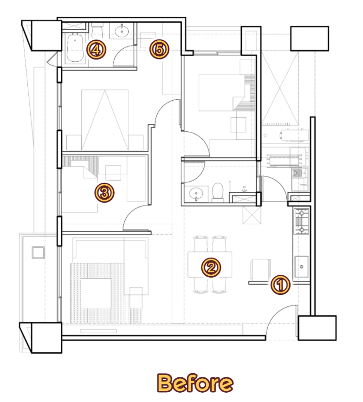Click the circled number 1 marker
[280, 285]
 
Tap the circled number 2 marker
[211, 267]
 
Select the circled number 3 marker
[104, 193]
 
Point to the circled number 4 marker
[96, 50]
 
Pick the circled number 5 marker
[159, 49]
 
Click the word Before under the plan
[195, 383]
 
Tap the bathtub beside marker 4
[75, 48]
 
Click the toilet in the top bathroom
[97, 31]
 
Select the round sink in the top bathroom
[122, 31]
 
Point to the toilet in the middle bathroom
[218, 192]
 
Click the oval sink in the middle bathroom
[196, 194]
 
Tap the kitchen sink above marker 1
[301, 266]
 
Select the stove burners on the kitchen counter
[302, 221]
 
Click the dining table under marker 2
[210, 265]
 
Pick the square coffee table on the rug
[96, 293]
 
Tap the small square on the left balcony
[38, 253]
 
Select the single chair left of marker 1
[260, 269]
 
